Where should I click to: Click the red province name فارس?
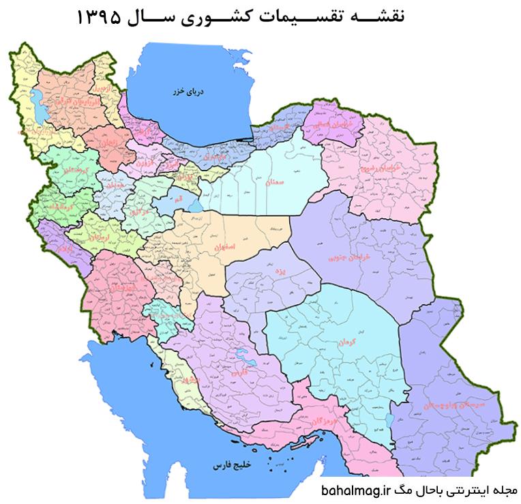pos(238,374)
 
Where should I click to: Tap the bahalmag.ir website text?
pos(354,490)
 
